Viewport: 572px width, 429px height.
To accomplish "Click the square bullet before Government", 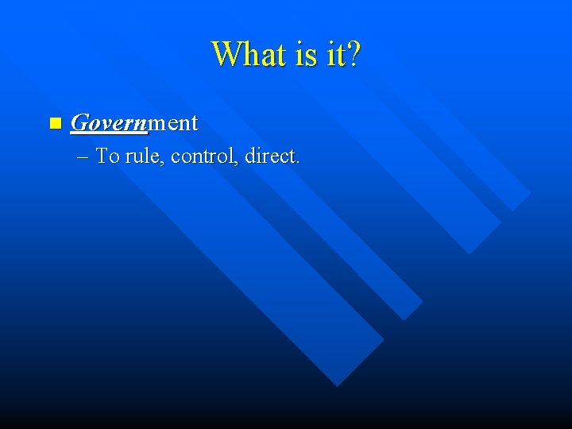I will click(x=54, y=123).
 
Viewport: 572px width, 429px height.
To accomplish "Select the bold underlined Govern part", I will click(x=109, y=123).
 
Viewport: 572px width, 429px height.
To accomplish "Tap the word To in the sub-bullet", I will click(x=107, y=156).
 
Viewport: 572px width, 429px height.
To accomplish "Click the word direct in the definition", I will click(x=270, y=156).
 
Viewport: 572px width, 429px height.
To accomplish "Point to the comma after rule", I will click(x=164, y=162).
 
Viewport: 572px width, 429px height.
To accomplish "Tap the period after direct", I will click(x=298, y=162).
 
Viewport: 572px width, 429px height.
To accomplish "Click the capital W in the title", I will click(x=225, y=55).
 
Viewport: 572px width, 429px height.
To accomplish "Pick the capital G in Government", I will click(x=79, y=123).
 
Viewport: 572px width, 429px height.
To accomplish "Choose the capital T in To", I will click(x=102, y=156).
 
